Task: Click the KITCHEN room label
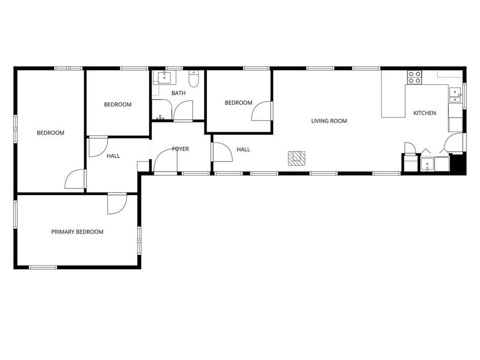425,113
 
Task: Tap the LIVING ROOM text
329,121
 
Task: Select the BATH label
179,93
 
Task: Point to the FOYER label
180,149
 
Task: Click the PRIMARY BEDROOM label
77,232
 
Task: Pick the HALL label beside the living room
243,149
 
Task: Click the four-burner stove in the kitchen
414,77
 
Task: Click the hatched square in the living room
296,158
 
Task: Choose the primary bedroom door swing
117,203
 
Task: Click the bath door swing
183,110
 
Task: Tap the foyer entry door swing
166,161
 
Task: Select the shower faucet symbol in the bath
160,117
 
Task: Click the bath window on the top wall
174,68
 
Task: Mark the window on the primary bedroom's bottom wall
43,267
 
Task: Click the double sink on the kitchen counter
455,95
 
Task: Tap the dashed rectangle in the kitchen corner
449,74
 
